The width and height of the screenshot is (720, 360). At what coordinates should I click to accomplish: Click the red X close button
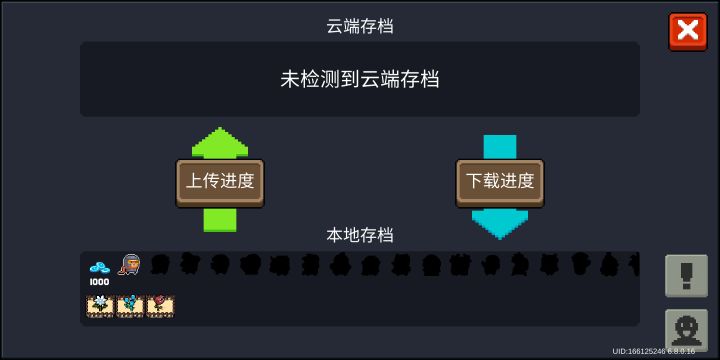687,31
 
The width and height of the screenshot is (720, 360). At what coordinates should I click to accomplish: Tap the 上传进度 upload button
220,182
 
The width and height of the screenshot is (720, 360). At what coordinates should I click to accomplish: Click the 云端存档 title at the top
360,26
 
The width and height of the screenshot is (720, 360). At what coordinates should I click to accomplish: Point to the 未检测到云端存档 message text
360,79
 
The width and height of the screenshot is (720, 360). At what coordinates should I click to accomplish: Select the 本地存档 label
360,235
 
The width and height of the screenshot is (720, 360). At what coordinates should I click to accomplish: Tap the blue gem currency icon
99,267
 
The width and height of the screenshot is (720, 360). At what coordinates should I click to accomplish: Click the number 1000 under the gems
99,282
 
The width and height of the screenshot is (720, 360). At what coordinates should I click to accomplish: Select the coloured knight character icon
129,265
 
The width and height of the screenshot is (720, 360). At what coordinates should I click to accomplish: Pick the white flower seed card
100,305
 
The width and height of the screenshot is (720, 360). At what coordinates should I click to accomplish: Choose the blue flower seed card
130,305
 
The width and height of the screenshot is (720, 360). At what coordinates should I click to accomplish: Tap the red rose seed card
160,305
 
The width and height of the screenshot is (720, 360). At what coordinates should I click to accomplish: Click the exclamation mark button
687,275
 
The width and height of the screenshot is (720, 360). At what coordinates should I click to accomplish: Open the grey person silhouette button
687,329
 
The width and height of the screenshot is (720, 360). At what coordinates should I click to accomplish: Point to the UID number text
653,352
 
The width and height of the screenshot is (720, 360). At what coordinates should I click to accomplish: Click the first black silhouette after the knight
159,265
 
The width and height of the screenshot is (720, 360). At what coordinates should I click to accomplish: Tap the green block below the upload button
220,220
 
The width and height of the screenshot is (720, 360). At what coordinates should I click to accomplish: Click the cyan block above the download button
500,147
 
